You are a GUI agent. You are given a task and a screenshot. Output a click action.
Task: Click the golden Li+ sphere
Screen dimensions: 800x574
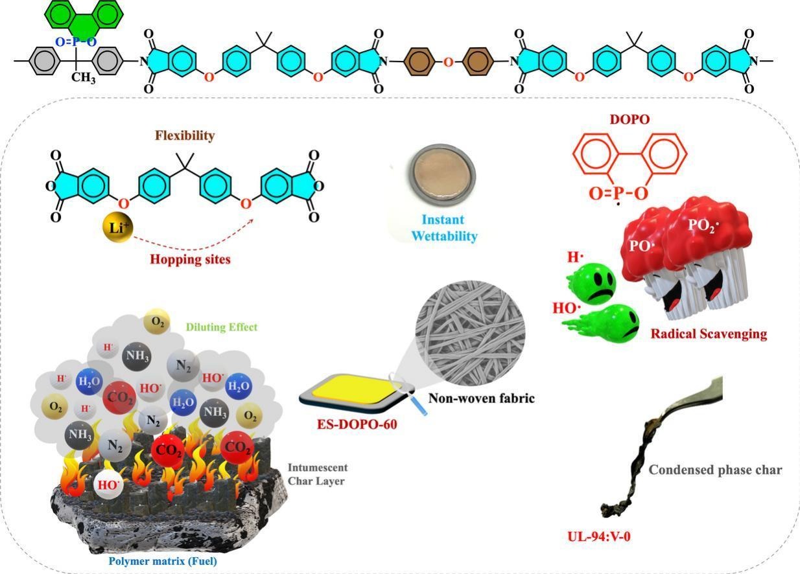[x=117, y=227]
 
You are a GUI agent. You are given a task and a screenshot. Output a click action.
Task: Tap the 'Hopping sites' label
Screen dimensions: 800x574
[x=190, y=259]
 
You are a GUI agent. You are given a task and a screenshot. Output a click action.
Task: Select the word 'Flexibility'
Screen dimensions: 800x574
[x=185, y=135]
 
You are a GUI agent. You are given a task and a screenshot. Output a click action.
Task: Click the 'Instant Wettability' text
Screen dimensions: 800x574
[x=444, y=228]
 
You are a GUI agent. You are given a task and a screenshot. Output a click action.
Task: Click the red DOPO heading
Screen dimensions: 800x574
[x=629, y=119]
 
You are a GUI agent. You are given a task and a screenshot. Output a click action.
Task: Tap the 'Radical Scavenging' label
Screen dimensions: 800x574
[x=709, y=334]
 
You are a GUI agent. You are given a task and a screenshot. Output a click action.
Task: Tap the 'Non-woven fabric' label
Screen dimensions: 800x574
[x=482, y=398]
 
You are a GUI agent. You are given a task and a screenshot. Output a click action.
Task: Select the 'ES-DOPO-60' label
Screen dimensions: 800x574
[x=357, y=424]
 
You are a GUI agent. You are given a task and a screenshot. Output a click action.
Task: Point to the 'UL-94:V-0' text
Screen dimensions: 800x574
[x=599, y=536]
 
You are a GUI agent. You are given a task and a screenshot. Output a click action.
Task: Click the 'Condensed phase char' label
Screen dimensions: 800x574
[x=715, y=470]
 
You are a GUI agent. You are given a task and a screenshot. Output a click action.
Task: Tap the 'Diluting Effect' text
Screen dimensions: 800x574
[x=222, y=327]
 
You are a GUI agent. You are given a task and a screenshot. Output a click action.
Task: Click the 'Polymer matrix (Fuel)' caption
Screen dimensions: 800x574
[x=163, y=561]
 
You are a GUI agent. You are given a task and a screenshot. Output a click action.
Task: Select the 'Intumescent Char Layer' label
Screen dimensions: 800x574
[x=318, y=474]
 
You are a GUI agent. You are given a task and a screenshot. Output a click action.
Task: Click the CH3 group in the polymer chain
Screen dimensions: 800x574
[x=83, y=77]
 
